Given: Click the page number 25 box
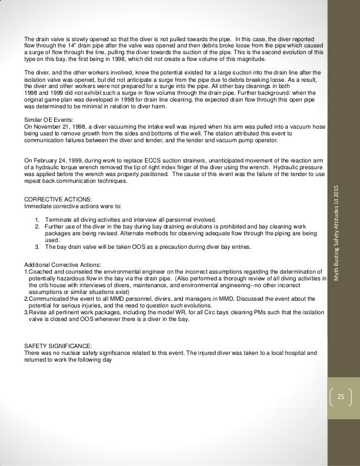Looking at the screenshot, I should point(340,397).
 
